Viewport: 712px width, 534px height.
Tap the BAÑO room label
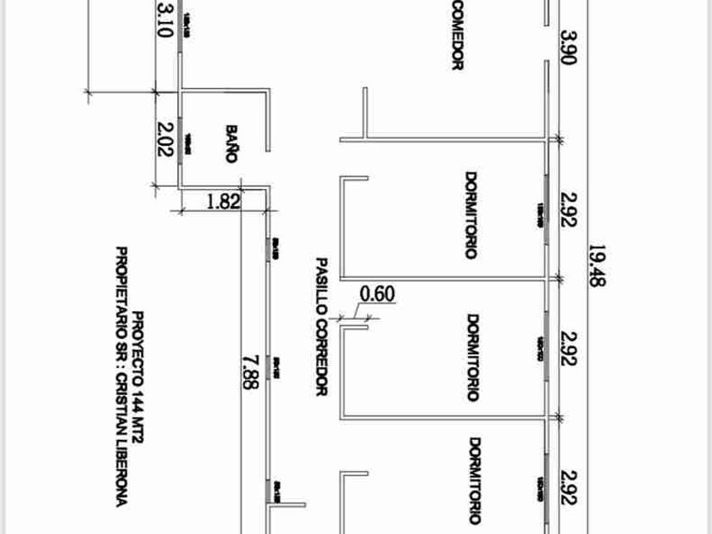pos(231,143)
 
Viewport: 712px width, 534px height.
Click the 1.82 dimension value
pos(223,202)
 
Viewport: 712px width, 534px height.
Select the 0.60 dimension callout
pos(377,294)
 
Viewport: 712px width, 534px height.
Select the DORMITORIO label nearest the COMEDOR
pos(470,216)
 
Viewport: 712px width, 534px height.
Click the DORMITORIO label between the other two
pos(474,357)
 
